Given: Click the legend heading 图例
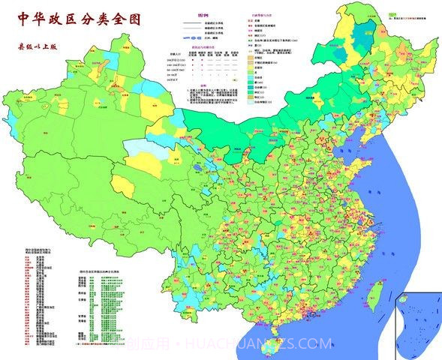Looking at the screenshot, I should (203, 14).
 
